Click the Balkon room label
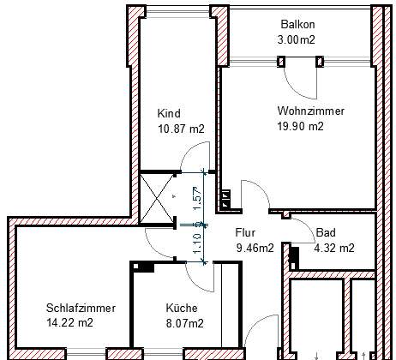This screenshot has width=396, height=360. [x=297, y=24]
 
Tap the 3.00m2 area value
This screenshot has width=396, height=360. [x=297, y=39]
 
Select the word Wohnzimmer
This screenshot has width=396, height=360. [x=311, y=111]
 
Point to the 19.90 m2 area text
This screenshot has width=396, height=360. [x=301, y=126]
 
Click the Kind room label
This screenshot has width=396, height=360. [x=169, y=113]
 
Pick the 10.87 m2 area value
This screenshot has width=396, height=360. [x=182, y=129]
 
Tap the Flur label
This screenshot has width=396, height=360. [x=245, y=232]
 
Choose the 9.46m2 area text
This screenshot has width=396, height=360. [x=255, y=248]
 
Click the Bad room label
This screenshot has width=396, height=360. [x=326, y=232]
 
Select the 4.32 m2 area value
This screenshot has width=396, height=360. [x=334, y=248]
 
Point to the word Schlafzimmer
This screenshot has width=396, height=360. [x=81, y=308]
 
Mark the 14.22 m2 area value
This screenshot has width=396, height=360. [x=69, y=323]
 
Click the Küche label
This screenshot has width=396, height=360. [x=182, y=309]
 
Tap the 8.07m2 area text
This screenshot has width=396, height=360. [x=185, y=323]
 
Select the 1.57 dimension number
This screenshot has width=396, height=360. [x=197, y=198]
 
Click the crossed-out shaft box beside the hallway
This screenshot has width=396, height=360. [x=157, y=198]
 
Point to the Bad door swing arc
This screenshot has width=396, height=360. [x=309, y=225]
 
